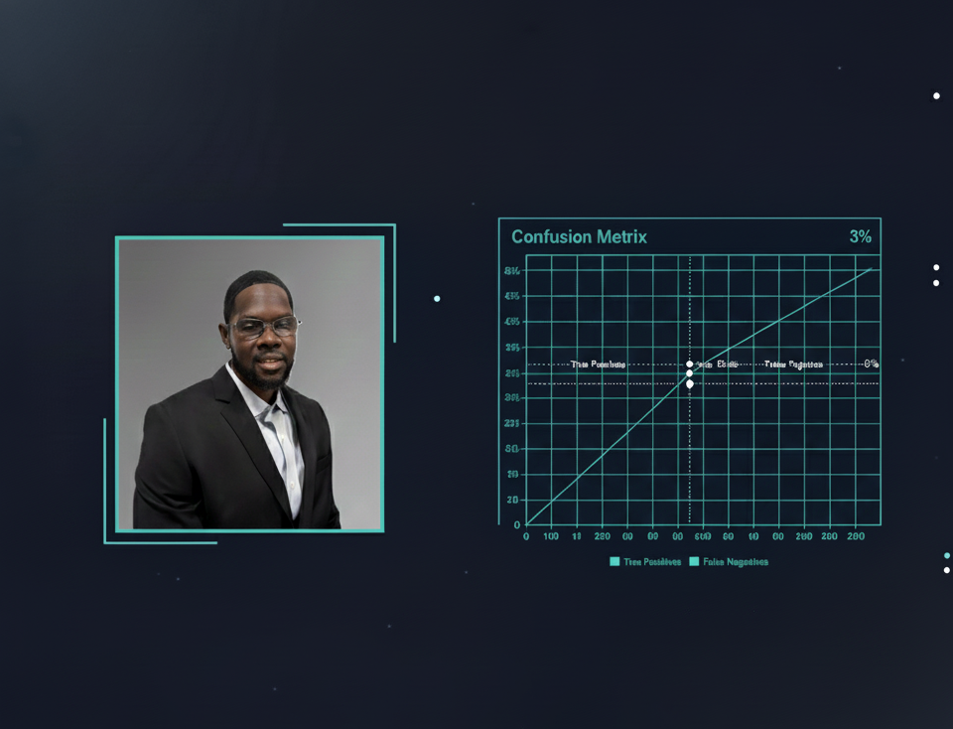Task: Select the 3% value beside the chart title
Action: click(x=860, y=236)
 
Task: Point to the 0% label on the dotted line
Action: click(x=871, y=364)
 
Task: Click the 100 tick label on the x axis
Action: click(x=551, y=536)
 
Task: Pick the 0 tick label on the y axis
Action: click(x=517, y=524)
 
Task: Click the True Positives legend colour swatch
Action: click(x=614, y=561)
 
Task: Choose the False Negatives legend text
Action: click(x=736, y=562)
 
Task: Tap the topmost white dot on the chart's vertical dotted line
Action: click(x=690, y=364)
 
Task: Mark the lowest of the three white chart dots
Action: click(x=690, y=383)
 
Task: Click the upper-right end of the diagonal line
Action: click(x=871, y=269)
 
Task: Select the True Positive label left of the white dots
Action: click(x=598, y=364)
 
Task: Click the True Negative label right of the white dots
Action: click(x=793, y=364)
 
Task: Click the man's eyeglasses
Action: click(x=263, y=326)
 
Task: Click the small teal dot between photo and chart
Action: click(x=437, y=298)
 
